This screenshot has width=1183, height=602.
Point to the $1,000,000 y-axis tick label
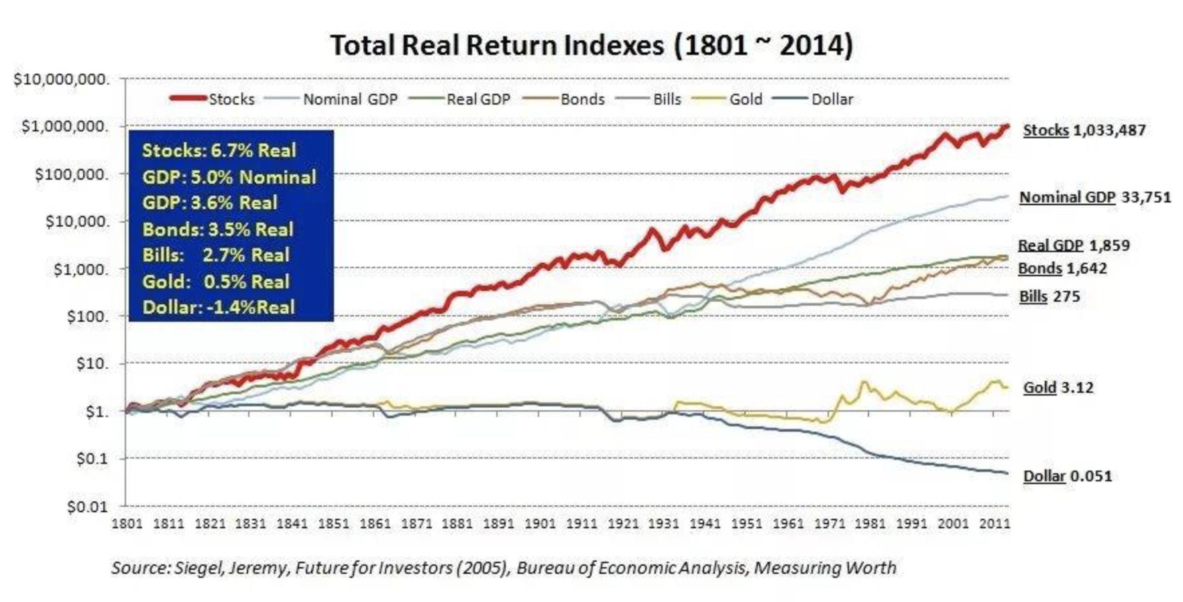pyautogui.click(x=65, y=127)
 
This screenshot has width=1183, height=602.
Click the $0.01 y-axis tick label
pyautogui.click(x=87, y=507)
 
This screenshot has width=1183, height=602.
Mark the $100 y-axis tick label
pyautogui.click(x=87, y=316)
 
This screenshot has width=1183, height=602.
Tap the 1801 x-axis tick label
pyautogui.click(x=126, y=524)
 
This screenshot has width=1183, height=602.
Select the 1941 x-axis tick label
pyautogui.click(x=705, y=524)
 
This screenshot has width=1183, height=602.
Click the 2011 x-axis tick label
pyautogui.click(x=995, y=524)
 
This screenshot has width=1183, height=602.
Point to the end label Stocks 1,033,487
pyautogui.click(x=1084, y=130)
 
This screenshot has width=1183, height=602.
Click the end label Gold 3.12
pyautogui.click(x=1058, y=387)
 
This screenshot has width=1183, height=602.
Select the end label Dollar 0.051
pyautogui.click(x=1067, y=476)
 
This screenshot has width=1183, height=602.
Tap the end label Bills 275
pyautogui.click(x=1049, y=296)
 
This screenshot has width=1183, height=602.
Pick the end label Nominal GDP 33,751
pyautogui.click(x=1094, y=197)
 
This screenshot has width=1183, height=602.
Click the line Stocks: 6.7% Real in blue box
pyautogui.click(x=219, y=150)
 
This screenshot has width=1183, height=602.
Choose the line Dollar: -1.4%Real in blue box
pyautogui.click(x=219, y=308)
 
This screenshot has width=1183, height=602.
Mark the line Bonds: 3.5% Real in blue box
pyautogui.click(x=218, y=229)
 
